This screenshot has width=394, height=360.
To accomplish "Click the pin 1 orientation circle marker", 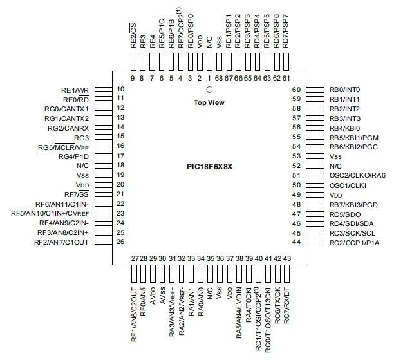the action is pos(209,90).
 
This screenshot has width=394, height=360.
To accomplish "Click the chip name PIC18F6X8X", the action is pos(210,167).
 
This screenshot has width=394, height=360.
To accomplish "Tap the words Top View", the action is pos(209,102).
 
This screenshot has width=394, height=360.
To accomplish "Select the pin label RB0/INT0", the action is pos(345,90).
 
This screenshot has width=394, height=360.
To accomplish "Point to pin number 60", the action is pos(297,90).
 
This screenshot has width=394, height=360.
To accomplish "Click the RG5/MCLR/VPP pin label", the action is pos(63,147).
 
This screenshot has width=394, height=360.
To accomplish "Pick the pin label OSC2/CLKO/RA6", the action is pos(357,175).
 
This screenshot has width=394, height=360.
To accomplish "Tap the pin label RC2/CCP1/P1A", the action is pos(355,243).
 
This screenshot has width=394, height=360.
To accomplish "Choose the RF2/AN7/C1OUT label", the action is pos(61,242).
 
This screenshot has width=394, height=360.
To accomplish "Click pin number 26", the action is pos(120,242).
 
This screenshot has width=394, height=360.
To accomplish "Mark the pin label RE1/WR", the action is pos(75,90).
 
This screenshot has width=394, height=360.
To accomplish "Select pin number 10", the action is pos(120,90).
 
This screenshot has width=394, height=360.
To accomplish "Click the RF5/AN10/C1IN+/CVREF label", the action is pos(50,213).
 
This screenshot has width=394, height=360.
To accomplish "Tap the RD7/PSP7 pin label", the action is pos(285,31).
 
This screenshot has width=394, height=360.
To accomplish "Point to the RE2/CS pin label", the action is pos(133,35).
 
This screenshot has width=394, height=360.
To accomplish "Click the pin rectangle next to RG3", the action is pos(103,137).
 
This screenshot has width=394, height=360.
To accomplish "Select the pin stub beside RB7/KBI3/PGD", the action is pos(315,204).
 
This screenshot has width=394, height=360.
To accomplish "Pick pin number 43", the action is pos(287,258).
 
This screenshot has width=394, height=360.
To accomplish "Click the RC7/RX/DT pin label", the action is pos(286,306).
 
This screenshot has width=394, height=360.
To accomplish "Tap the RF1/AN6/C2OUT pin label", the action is pos(134,315).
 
